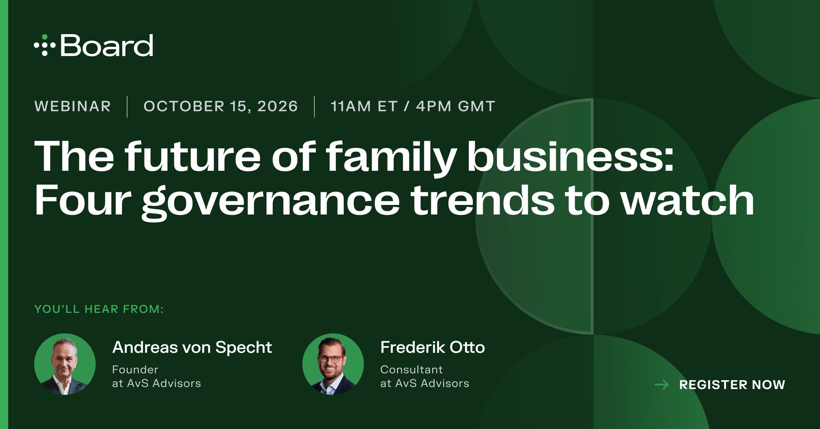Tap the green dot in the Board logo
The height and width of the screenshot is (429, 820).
45,37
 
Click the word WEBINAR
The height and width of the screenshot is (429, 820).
73,106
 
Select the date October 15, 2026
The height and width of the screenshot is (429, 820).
221,106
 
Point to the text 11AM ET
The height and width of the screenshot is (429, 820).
364,106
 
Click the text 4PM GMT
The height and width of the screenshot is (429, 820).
455,106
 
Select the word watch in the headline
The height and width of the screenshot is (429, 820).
687,200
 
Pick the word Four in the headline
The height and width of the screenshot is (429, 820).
83,200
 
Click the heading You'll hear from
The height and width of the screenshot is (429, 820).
99,309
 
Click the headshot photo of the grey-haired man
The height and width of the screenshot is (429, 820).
65,364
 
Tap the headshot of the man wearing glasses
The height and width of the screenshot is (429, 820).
333,364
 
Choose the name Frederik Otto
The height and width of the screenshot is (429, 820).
433,347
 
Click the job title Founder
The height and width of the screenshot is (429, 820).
135,370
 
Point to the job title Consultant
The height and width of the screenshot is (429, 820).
411,370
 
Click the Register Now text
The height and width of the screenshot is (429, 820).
732,385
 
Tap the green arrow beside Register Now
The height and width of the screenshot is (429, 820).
662,385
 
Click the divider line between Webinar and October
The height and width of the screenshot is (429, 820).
127,107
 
